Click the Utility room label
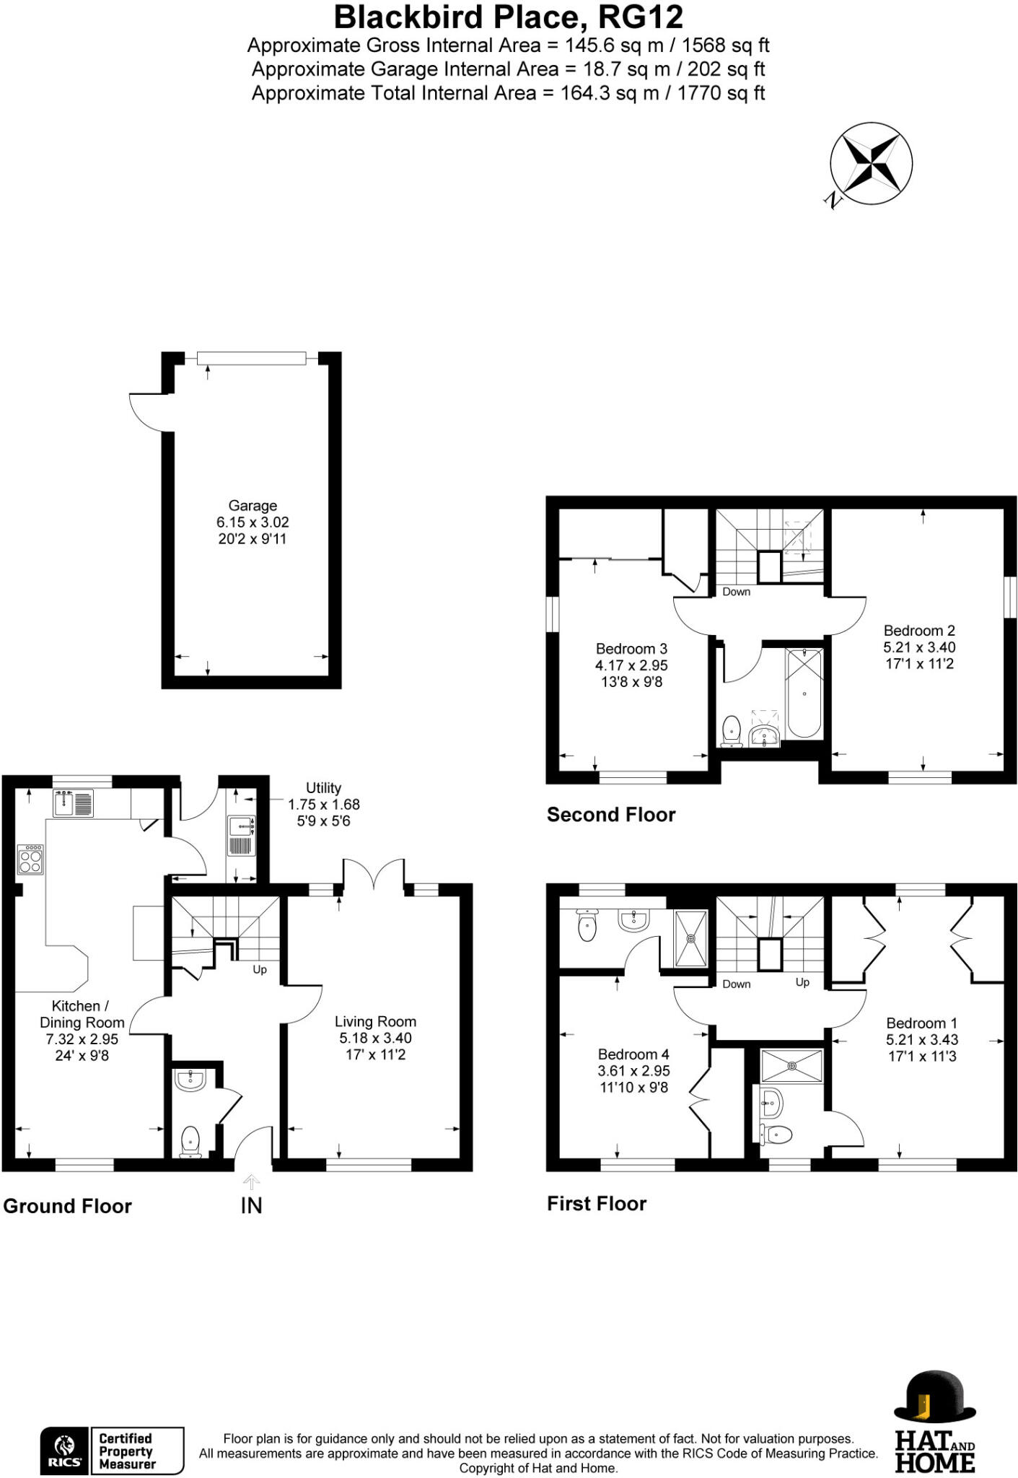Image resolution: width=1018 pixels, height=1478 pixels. [323, 788]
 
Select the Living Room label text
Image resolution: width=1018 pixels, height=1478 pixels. [375, 1022]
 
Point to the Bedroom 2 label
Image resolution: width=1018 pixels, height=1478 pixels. [919, 631]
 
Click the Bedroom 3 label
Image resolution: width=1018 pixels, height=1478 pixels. [631, 649]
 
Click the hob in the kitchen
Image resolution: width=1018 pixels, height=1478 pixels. [30, 860]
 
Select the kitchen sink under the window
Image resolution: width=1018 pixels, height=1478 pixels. [73, 803]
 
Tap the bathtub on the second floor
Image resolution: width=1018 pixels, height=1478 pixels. [804, 694]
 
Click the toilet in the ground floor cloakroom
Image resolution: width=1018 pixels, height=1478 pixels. [190, 1140]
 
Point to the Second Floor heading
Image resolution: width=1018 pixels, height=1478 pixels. [610, 815]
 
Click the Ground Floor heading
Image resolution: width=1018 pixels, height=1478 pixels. [67, 1206]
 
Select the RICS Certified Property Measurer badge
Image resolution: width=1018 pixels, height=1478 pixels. [112, 1451]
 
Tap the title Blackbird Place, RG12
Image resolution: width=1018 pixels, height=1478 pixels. [508, 17]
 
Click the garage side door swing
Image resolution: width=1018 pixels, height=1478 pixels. [148, 411]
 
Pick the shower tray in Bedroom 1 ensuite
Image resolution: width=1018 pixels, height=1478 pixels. [791, 1066]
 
